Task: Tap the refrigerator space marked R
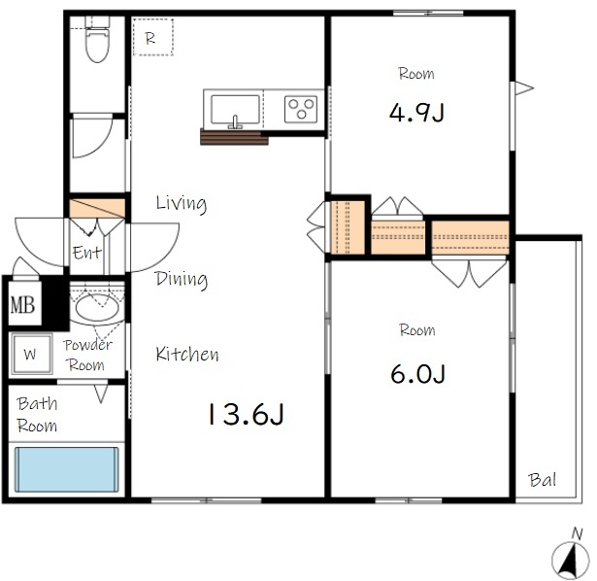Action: tap(153, 37)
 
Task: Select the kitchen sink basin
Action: tap(235, 110)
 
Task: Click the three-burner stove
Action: tap(301, 109)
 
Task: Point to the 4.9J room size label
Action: tap(416, 113)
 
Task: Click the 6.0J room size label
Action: tap(417, 374)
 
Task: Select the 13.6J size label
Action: tap(246, 414)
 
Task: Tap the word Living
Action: tap(182, 203)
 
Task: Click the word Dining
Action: tap(182, 279)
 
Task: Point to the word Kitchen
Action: tap(187, 354)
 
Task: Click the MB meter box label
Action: tap(23, 305)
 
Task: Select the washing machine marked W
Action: tap(31, 354)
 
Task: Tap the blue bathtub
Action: tap(67, 469)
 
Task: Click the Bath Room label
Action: tap(37, 415)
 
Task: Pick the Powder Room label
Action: tap(87, 355)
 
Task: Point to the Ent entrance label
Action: tap(87, 253)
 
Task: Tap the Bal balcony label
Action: tap(543, 480)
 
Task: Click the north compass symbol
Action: tap(570, 557)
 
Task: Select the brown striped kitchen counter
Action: tap(234, 137)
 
